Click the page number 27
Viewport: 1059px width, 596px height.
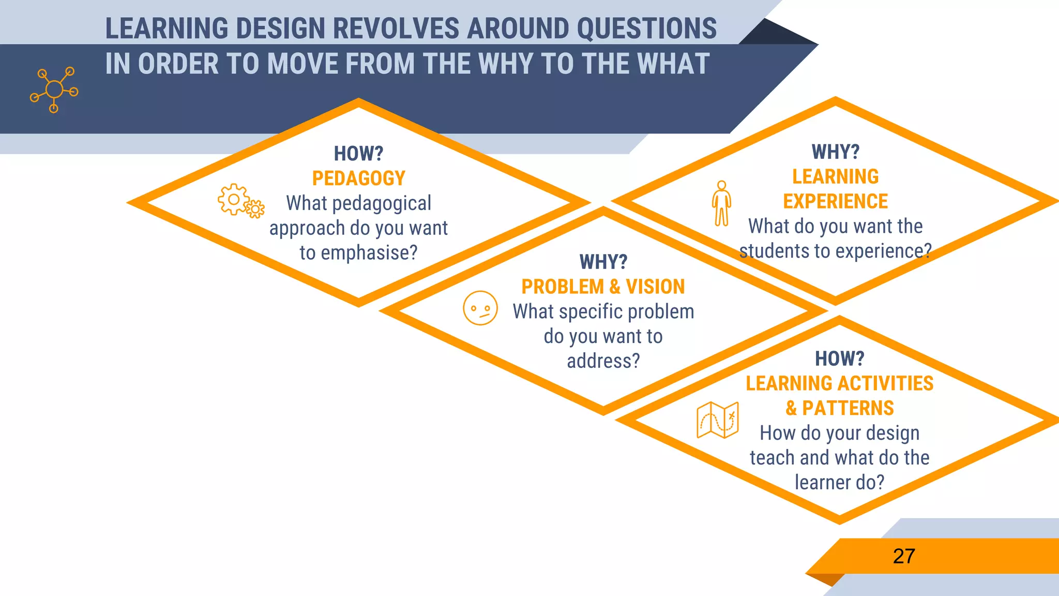(x=904, y=557)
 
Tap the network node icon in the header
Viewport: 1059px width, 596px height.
(x=54, y=90)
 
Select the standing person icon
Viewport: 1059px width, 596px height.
(x=721, y=203)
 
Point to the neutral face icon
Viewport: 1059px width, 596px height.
(x=480, y=308)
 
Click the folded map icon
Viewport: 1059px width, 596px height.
(x=718, y=420)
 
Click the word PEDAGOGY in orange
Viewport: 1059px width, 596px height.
(x=358, y=178)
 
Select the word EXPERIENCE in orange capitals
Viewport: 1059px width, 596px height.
(x=835, y=201)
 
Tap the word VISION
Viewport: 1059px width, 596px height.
(x=655, y=287)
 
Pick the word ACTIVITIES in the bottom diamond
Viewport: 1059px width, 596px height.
(x=886, y=383)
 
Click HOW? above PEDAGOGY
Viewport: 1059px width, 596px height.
(x=358, y=154)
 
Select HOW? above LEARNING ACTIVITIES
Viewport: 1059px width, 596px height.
(x=839, y=359)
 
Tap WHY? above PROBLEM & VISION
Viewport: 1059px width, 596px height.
(x=603, y=262)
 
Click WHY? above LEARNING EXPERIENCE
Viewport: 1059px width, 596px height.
(x=835, y=152)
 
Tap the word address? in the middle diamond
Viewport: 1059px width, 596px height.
(x=603, y=361)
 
